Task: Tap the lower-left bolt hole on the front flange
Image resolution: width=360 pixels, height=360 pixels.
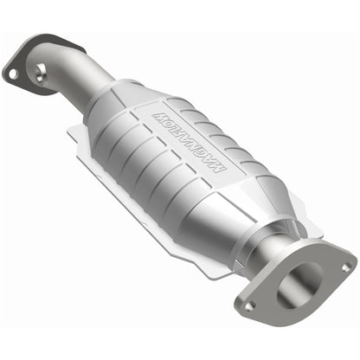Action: [x=248, y=305]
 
